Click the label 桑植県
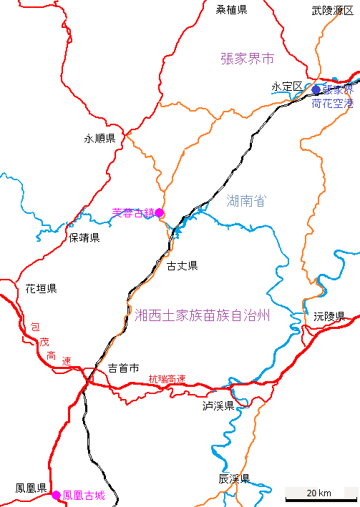pyautogui.click(x=232, y=9)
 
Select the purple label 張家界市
pyautogui.click(x=248, y=59)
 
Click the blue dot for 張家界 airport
pyautogui.click(x=316, y=90)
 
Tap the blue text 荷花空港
pyautogui.click(x=333, y=104)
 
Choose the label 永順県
pyautogui.click(x=99, y=139)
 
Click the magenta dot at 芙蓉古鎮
pyautogui.click(x=160, y=212)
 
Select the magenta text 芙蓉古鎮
pyautogui.click(x=133, y=213)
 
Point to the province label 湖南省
pyautogui.click(x=245, y=201)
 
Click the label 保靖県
pyautogui.click(x=84, y=238)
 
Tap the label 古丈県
pyautogui.click(x=182, y=266)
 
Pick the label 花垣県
pyautogui.click(x=41, y=289)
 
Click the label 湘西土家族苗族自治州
pyautogui.click(x=203, y=315)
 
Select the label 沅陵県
pyautogui.click(x=329, y=316)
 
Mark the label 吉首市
pyautogui.click(x=123, y=368)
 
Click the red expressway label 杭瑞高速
pyautogui.click(x=167, y=379)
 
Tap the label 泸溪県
pyautogui.click(x=218, y=406)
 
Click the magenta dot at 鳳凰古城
pyautogui.click(x=56, y=495)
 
